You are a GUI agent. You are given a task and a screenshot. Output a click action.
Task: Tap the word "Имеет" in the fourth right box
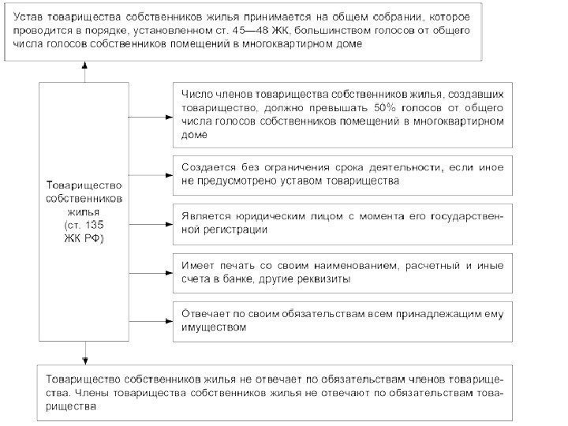pyautogui.click(x=196, y=265)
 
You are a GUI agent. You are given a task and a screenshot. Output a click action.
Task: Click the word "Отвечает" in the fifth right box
pyautogui.click(x=206, y=313)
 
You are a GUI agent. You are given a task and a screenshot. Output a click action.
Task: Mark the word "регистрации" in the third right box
pyautogui.click(x=236, y=230)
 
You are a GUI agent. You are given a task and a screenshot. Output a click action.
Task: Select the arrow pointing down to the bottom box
pyautogui.click(x=83, y=353)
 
